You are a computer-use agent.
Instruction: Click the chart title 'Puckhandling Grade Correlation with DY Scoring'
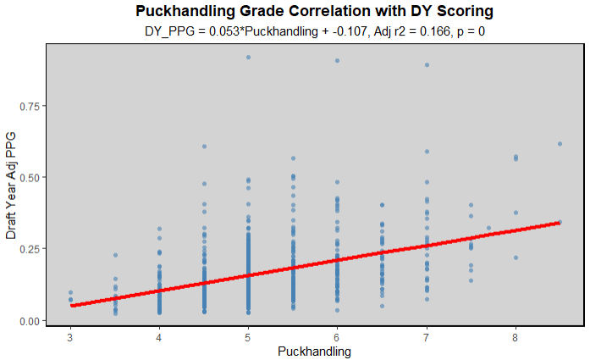tap(314, 12)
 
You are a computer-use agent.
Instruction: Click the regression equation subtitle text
tap(314, 31)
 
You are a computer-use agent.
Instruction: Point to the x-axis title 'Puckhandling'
tap(314, 350)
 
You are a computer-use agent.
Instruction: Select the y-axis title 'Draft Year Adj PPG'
tap(11, 184)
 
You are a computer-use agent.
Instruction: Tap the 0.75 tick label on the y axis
tap(30, 106)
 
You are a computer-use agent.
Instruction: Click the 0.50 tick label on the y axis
tap(30, 177)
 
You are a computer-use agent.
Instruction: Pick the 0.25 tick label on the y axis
tap(30, 249)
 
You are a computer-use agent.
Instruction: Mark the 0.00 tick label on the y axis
tap(30, 320)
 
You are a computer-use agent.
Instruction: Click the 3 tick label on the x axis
tap(70, 335)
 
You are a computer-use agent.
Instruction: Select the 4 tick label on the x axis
tap(159, 335)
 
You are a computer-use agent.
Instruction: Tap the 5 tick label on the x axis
tap(248, 335)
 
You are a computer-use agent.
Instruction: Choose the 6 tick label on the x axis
tap(337, 335)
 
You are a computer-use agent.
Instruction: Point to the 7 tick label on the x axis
tap(427, 335)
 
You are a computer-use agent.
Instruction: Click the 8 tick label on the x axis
tap(516, 335)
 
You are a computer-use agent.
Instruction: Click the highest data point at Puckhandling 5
tap(248, 58)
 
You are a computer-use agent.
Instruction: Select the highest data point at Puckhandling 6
tap(337, 61)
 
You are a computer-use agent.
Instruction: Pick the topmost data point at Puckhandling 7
tap(427, 65)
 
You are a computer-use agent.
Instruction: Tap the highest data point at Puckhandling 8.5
tap(560, 144)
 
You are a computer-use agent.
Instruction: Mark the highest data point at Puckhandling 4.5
tap(204, 147)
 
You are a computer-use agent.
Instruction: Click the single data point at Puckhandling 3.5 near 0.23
tap(115, 255)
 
